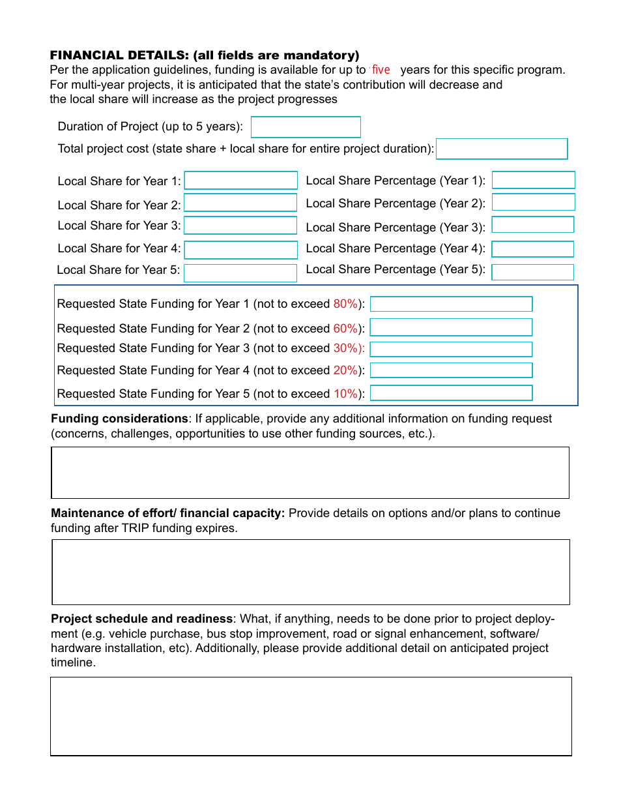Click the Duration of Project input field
pos(306,127)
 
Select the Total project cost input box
pos(502,149)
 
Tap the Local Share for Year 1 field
pos(241,181)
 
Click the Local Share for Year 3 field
pos(240,226)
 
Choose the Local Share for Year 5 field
pos(240,273)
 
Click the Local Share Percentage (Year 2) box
pos(533,202)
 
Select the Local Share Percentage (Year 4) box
pos(532,249)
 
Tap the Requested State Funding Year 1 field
pos(451,304)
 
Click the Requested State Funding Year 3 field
pos(451,349)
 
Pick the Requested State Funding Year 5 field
pos(451,393)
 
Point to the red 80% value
pos(345,304)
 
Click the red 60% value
pos(345,329)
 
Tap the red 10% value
pos(345,394)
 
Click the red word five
pos(381,70)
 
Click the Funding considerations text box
pos(310,473)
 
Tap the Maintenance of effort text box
pos(310,572)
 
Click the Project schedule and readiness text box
pos(311,716)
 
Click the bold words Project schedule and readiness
pos(141,619)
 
